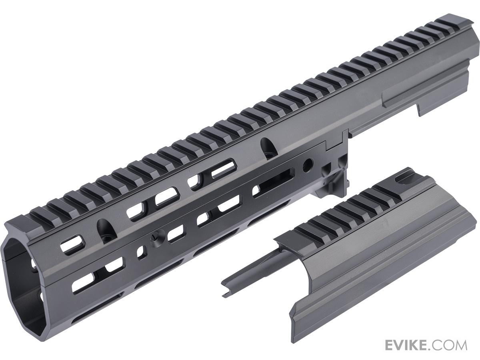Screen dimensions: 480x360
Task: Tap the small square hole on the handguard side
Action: click(141, 252)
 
